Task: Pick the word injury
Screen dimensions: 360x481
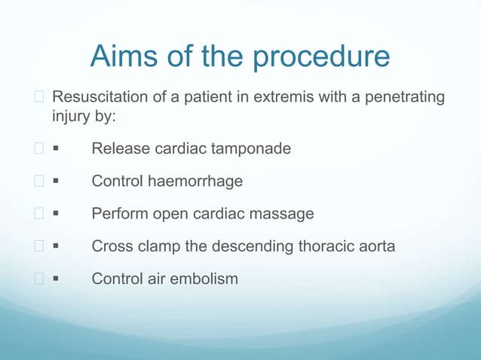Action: tap(69, 117)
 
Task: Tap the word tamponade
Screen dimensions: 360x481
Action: tap(250, 149)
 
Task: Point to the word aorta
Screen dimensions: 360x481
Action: tap(374, 246)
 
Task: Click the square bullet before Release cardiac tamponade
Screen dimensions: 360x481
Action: tap(57, 150)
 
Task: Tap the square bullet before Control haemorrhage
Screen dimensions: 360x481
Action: tap(57, 182)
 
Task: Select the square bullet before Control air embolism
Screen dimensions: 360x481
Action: tap(57, 279)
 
